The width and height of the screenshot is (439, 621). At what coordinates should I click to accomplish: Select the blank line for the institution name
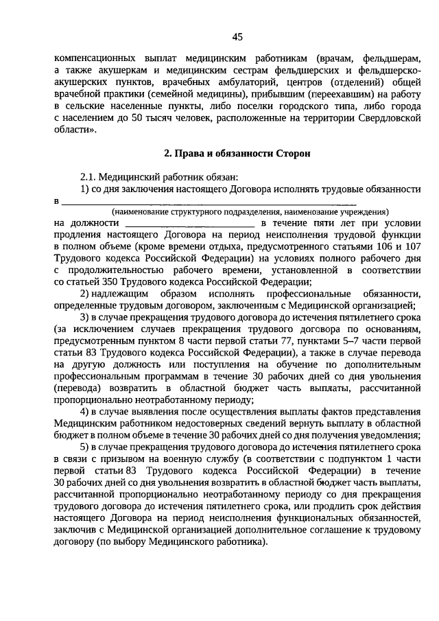click(209, 202)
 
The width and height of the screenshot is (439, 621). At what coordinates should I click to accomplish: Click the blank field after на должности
click(190, 224)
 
